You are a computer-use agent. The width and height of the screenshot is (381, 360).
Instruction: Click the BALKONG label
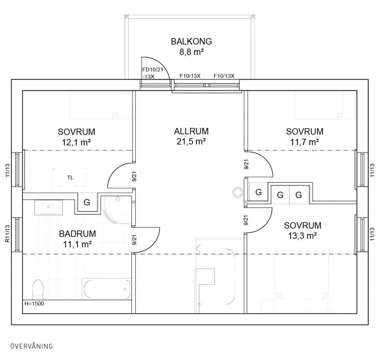tap(191, 41)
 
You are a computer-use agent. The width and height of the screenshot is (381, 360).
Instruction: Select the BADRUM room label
tap(77, 234)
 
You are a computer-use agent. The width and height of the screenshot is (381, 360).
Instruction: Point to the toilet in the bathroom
tap(38, 289)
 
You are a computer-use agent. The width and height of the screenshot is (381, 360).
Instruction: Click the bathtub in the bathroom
tap(107, 289)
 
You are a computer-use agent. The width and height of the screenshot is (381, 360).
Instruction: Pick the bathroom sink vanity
tap(49, 207)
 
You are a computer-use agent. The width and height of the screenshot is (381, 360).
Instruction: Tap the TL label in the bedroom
tap(70, 177)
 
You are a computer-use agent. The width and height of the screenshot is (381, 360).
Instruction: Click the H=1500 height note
tap(34, 303)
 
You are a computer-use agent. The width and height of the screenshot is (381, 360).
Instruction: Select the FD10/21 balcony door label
tap(152, 70)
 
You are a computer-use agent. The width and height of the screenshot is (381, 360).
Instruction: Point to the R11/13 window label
tap(7, 234)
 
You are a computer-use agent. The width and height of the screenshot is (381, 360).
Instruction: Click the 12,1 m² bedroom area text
tap(76, 142)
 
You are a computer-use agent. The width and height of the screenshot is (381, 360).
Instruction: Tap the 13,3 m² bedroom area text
tap(302, 236)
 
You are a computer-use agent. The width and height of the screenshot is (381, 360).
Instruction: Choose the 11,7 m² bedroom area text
tap(304, 142)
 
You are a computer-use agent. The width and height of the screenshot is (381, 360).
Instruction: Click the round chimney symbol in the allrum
tap(238, 192)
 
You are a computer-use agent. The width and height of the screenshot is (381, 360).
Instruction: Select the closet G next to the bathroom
tap(87, 202)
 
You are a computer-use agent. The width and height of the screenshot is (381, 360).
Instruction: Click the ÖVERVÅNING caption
tap(32, 346)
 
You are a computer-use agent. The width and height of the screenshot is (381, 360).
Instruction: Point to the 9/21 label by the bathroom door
tap(134, 240)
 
